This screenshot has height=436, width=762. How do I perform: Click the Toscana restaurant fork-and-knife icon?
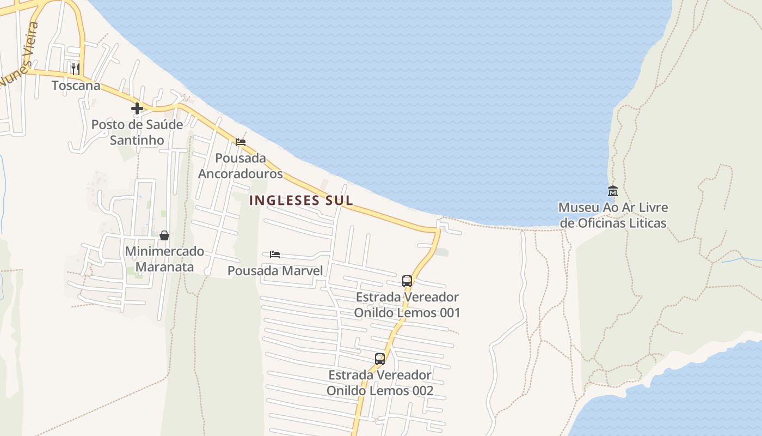pyautogui.click(x=76, y=69)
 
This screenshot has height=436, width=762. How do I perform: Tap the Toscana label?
pyautogui.click(x=76, y=86)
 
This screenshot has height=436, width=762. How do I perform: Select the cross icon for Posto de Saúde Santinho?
pyautogui.click(x=137, y=108)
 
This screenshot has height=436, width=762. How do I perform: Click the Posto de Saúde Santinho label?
pyautogui.click(x=137, y=132)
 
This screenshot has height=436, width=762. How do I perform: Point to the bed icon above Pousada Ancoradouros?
pyautogui.click(x=241, y=142)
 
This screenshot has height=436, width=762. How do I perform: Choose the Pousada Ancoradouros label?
pyautogui.click(x=241, y=166)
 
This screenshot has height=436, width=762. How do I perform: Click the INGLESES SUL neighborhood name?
pyautogui.click(x=301, y=201)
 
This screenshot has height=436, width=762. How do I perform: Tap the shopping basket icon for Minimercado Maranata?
pyautogui.click(x=164, y=235)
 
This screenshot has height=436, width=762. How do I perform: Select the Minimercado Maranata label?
pyautogui.click(x=164, y=259)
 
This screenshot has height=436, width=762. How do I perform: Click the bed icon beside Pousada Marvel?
pyautogui.click(x=275, y=255)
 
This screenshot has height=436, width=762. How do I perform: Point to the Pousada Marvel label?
pyautogui.click(x=275, y=271)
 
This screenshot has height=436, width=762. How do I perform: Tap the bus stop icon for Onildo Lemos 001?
pyautogui.click(x=407, y=281)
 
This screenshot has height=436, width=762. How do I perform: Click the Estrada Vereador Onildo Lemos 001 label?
pyautogui.click(x=407, y=305)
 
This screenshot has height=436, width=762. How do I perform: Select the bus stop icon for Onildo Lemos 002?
pyautogui.click(x=380, y=359)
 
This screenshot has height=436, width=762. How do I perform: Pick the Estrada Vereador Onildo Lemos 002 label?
pyautogui.click(x=380, y=383)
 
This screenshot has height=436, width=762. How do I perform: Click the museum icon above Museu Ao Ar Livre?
pyautogui.click(x=613, y=191)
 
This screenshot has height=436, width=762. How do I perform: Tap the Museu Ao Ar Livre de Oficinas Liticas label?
pyautogui.click(x=613, y=215)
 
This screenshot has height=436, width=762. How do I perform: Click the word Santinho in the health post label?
pyautogui.click(x=137, y=141)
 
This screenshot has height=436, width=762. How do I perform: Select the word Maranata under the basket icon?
pyautogui.click(x=164, y=268)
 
